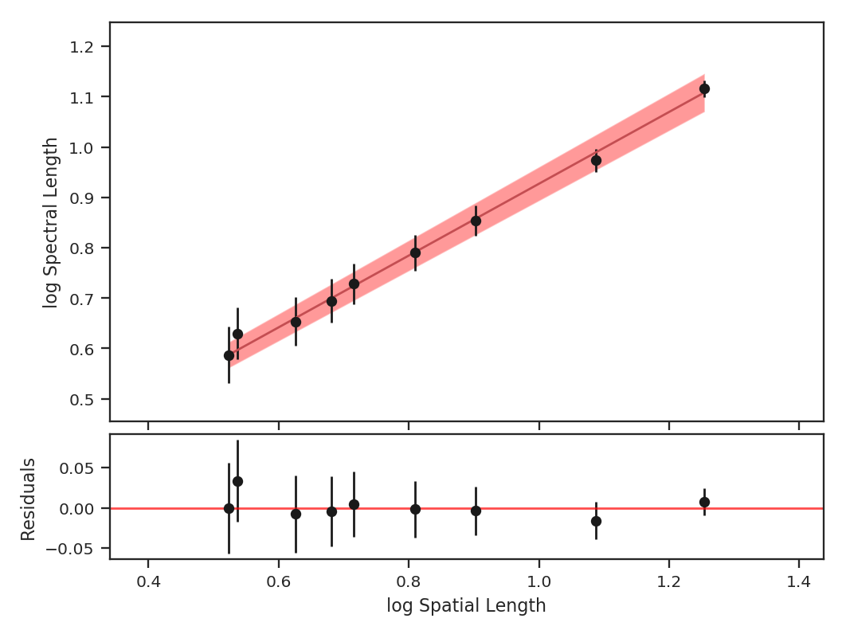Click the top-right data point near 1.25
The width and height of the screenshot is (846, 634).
(704, 88)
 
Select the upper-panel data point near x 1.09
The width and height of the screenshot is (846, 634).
(596, 160)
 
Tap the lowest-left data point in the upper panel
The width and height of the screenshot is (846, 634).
(229, 355)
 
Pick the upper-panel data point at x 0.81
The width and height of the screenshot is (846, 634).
(415, 252)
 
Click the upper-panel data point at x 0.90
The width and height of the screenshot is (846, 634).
(476, 221)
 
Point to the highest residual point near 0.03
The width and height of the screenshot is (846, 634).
(237, 481)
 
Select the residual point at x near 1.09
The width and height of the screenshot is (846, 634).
(596, 521)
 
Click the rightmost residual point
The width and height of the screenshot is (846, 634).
(704, 502)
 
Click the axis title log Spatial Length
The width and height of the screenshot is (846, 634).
(466, 605)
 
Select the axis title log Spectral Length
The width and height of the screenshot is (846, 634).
(51, 222)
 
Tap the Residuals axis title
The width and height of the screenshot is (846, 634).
(29, 499)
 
